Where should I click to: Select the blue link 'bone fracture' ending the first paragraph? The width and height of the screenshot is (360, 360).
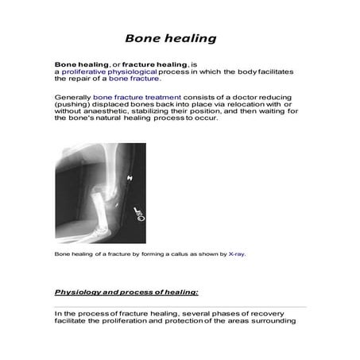coord(135,79)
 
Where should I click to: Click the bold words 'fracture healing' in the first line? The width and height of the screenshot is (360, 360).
coord(141,63)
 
